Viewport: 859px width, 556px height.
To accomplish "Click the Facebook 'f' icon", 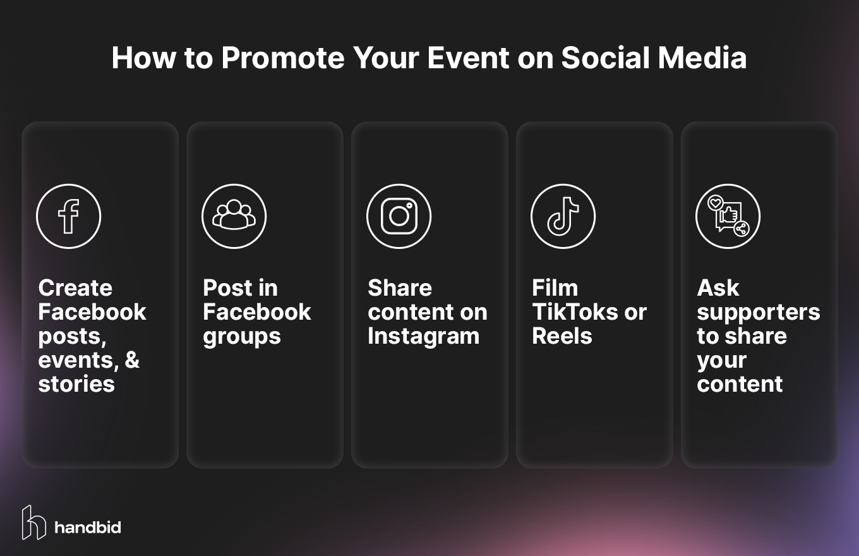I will click(x=68, y=217).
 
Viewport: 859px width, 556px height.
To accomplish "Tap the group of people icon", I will click(x=234, y=217).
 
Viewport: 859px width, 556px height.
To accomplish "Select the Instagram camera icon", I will click(x=399, y=217).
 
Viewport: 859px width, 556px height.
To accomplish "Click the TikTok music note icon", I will click(x=563, y=217).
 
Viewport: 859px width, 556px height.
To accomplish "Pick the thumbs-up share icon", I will click(x=728, y=217).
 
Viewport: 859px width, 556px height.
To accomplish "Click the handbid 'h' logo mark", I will click(x=33, y=523).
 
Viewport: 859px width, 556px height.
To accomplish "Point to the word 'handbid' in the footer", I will click(x=88, y=527).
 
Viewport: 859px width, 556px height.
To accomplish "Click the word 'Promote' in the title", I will click(x=283, y=58).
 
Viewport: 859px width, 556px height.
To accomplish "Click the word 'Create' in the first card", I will click(x=75, y=288).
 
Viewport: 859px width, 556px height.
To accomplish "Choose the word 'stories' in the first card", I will click(x=76, y=384).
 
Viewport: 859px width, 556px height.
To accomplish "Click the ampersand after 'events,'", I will click(x=132, y=360).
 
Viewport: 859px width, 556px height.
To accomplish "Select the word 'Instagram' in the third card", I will click(x=423, y=336).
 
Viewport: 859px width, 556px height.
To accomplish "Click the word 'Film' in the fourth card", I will click(x=555, y=288).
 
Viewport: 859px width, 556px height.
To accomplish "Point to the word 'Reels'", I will click(x=562, y=336).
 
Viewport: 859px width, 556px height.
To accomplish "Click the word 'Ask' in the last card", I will click(x=718, y=288).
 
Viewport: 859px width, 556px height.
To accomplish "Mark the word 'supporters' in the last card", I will click(x=758, y=313).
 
